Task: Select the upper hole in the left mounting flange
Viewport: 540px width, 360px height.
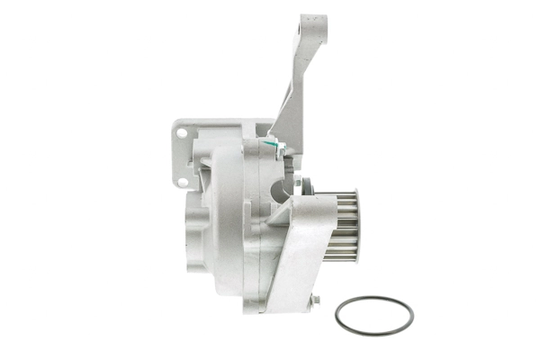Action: [x=181, y=133]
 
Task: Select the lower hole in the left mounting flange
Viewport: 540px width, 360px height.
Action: [x=182, y=182]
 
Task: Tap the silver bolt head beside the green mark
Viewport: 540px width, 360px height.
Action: [x=278, y=147]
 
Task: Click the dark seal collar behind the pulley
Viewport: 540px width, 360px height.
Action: [x=304, y=185]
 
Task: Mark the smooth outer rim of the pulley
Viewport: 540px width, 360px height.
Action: [x=357, y=225]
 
